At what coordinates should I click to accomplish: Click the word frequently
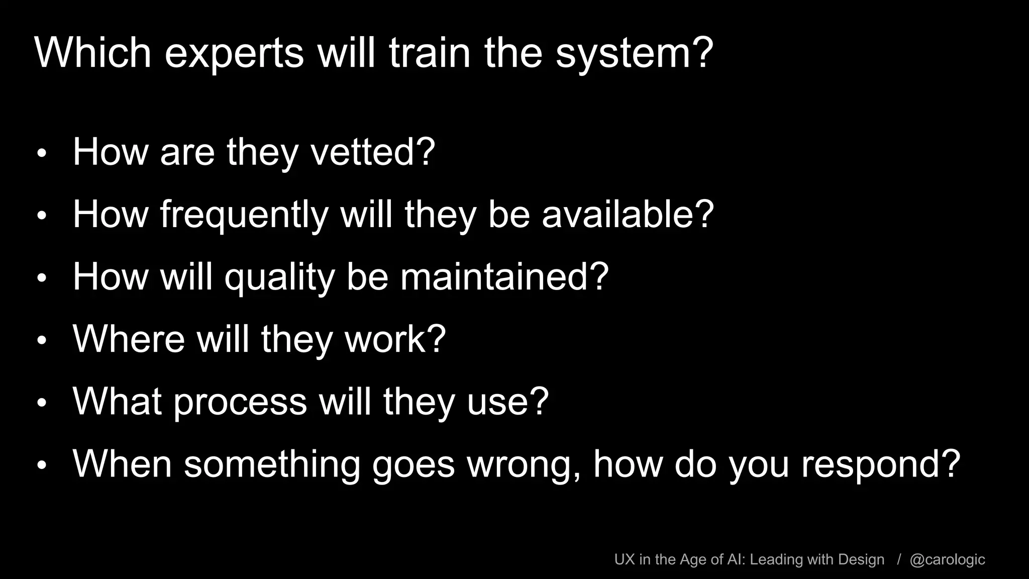coord(244,215)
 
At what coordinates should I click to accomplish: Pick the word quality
coord(279,277)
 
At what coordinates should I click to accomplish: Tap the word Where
coord(129,339)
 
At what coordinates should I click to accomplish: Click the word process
coord(240,402)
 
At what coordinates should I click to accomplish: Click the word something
coord(272,464)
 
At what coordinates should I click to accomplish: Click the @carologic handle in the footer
coord(947,560)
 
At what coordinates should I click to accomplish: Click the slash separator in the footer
coord(899,560)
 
